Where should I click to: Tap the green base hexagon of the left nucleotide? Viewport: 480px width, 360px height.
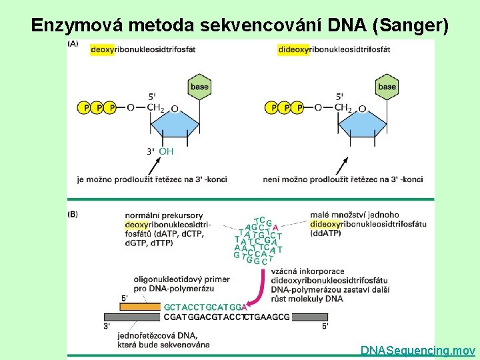(x=199, y=87)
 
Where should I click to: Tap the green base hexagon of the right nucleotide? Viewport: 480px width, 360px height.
(x=387, y=87)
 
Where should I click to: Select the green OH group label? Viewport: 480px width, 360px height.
(x=166, y=151)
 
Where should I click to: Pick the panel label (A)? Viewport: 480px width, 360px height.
(x=73, y=43)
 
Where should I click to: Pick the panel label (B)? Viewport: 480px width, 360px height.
(x=73, y=214)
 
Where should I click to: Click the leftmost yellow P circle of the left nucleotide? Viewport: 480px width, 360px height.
(x=85, y=107)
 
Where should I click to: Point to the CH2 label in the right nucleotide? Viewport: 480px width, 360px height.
(x=343, y=107)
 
